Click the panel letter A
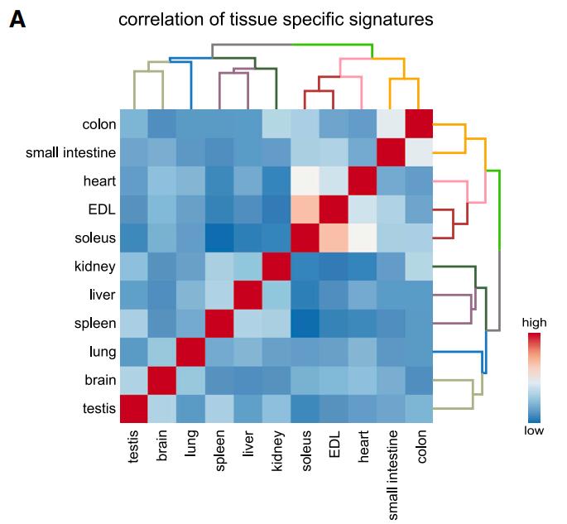pyautogui.click(x=17, y=19)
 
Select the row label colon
pyautogui.click(x=99, y=124)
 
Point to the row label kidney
pyautogui.click(x=94, y=266)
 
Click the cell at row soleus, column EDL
pyautogui.click(x=334, y=238)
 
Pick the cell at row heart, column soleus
pyautogui.click(x=305, y=180)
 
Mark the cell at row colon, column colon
pyautogui.click(x=418, y=124)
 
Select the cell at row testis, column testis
pyautogui.click(x=135, y=408)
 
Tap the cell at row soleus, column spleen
pyautogui.click(x=220, y=238)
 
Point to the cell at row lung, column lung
pyautogui.click(x=192, y=351)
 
